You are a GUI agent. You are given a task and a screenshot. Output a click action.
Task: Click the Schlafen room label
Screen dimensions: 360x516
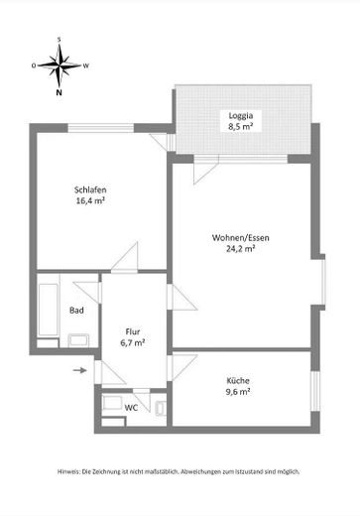point(90,190)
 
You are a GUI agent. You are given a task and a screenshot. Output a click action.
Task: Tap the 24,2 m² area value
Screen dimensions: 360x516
point(240,248)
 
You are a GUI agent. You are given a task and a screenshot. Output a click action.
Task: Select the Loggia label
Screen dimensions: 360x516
point(241,116)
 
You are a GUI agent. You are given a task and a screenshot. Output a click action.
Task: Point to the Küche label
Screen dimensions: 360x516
point(238,380)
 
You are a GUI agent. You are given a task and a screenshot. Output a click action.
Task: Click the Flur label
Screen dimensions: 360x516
point(133,331)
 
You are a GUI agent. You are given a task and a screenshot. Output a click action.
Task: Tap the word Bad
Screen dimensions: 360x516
point(76,311)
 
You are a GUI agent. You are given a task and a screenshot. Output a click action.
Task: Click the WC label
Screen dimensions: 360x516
point(131,408)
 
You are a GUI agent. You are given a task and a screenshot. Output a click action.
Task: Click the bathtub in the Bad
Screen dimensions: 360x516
point(49,310)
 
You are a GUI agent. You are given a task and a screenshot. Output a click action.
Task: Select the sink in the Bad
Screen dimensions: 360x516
point(78,340)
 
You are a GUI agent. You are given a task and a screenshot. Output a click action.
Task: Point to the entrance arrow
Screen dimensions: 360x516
point(80,370)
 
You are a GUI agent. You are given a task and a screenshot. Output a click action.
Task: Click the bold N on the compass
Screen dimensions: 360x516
point(59,92)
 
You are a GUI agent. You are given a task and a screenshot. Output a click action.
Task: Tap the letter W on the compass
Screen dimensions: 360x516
point(86,65)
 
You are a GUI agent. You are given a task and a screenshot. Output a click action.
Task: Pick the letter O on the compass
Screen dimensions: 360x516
point(34,65)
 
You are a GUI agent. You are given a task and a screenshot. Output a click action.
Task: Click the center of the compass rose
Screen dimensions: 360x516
point(60,65)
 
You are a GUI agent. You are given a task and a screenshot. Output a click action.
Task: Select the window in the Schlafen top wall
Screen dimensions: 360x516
point(101,128)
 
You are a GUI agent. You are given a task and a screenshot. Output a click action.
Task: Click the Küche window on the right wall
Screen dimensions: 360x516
point(316,391)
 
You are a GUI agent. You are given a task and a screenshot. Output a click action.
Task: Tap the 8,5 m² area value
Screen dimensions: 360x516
point(241,126)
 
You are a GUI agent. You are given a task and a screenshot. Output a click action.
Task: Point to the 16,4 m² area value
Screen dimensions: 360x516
point(90,200)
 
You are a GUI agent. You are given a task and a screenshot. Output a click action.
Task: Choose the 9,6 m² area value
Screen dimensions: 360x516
point(238,392)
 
